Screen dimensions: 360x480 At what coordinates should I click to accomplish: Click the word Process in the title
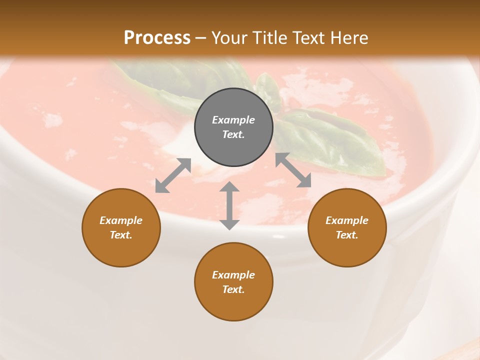tap(157, 37)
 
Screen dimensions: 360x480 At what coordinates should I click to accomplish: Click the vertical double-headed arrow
tap(229, 205)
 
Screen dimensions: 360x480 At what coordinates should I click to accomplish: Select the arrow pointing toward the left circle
tap(173, 175)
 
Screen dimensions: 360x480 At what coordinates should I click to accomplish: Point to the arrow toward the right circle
tap(293, 170)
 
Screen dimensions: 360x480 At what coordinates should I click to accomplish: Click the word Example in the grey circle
tap(233, 120)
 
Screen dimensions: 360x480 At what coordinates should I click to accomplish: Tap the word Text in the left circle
tap(121, 235)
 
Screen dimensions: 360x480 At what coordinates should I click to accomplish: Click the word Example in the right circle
tap(347, 220)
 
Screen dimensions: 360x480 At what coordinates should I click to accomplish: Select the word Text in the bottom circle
tap(233, 289)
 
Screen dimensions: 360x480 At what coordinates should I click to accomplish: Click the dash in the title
tap(200, 38)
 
